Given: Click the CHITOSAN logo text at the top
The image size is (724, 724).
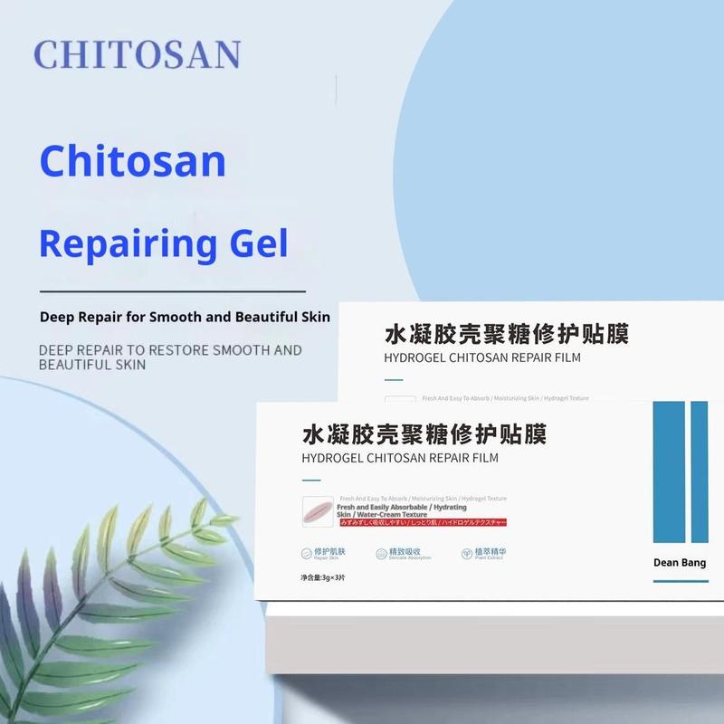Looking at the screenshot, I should click(x=138, y=55).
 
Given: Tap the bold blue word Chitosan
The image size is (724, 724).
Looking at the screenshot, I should click(x=132, y=161).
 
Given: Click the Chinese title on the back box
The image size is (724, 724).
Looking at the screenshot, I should click(x=507, y=334).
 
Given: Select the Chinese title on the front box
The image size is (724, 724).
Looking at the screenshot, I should click(x=424, y=433).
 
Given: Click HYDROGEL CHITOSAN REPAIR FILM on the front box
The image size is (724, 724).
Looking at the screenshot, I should click(x=400, y=458).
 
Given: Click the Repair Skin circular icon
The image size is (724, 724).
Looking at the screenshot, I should click(x=308, y=553).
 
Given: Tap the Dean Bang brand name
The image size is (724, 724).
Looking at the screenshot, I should click(x=679, y=563).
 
